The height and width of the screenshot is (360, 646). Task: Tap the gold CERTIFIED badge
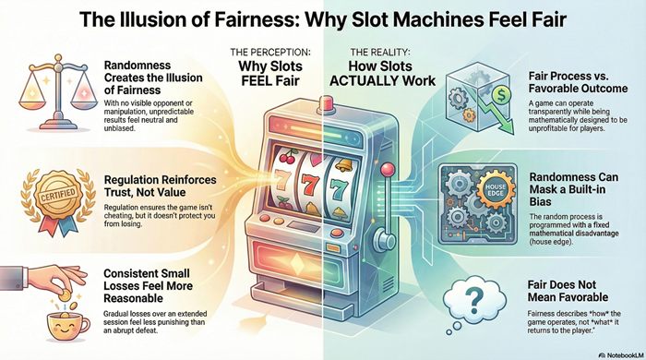pyautogui.click(x=46, y=195)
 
